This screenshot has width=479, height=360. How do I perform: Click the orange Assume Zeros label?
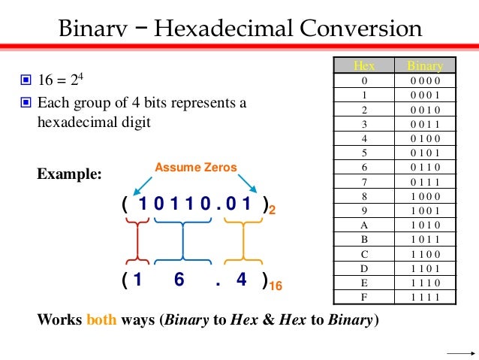tap(196, 167)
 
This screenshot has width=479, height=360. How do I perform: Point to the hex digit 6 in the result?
tap(179, 280)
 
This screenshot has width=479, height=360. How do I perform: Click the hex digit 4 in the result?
tap(241, 280)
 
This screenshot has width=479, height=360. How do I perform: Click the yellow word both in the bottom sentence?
tap(101, 319)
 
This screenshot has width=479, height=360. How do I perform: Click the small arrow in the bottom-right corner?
tap(457, 352)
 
